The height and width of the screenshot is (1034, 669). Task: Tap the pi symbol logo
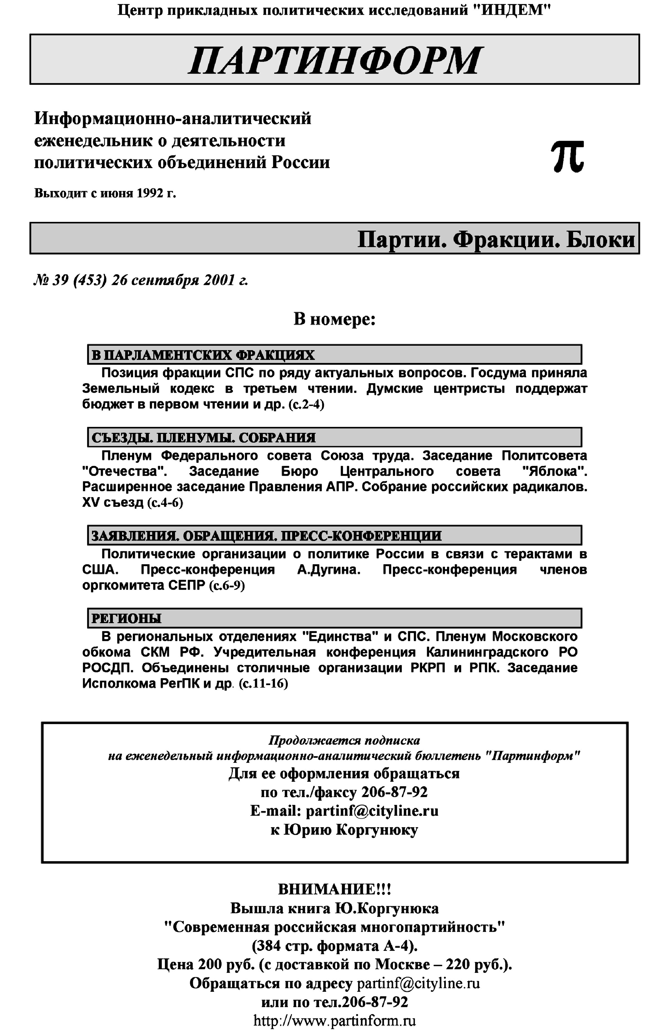[567, 157]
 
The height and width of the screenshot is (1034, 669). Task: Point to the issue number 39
[60, 281]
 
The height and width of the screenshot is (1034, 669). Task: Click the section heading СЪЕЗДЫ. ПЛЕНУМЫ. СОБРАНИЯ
[203, 438]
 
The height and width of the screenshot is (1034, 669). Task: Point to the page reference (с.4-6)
[165, 503]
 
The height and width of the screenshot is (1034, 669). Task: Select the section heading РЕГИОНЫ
[126, 618]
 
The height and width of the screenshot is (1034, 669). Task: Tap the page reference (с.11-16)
[263, 684]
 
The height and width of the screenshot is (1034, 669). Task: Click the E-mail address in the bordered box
[372, 811]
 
